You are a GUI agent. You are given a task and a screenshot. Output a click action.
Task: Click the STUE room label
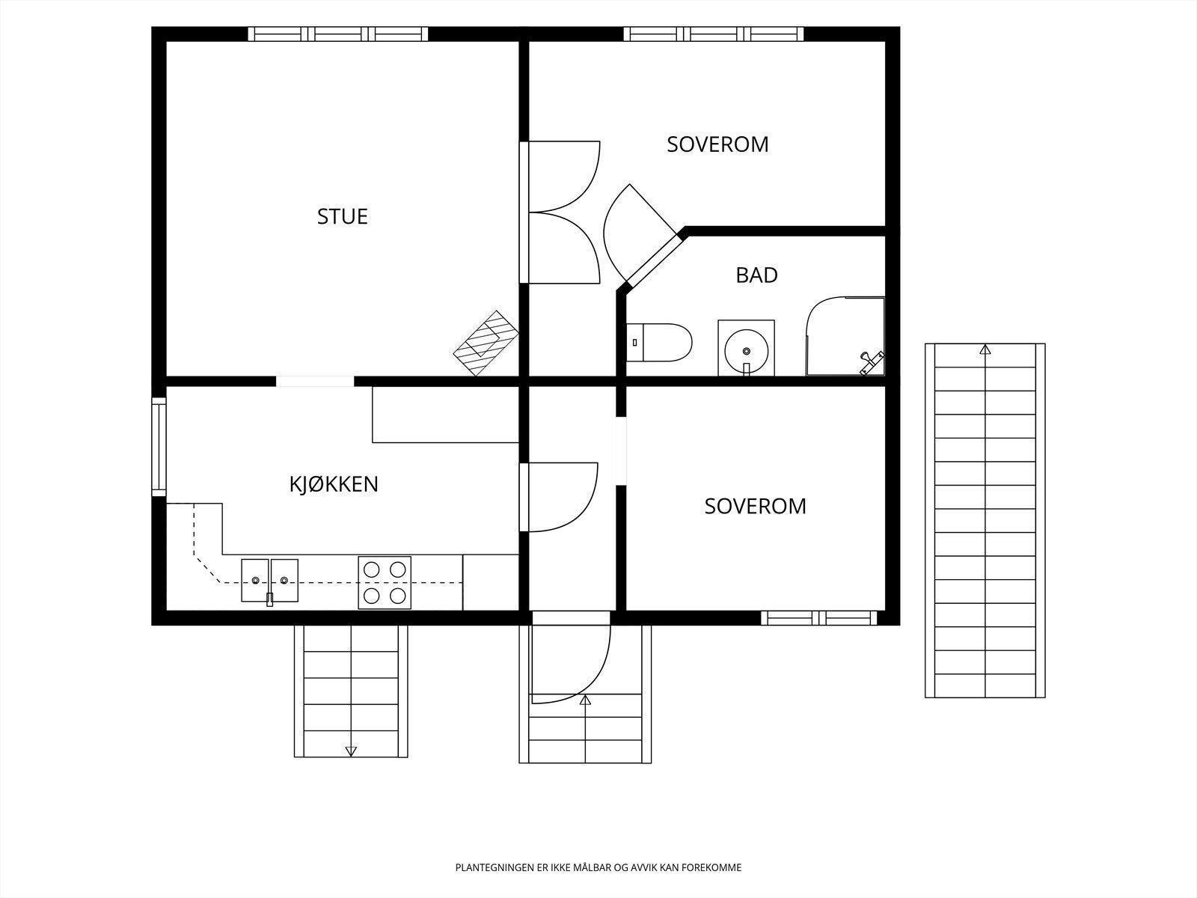[343, 216]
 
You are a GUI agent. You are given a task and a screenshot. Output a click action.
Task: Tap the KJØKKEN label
[334, 483]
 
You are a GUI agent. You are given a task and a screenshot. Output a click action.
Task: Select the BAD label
[756, 275]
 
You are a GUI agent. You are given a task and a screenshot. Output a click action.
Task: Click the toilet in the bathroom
[659, 343]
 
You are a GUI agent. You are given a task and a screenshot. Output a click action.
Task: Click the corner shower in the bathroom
[845, 336]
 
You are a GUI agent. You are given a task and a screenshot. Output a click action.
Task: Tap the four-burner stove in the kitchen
[385, 583]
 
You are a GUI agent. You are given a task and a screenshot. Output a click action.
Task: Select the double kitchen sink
[269, 581]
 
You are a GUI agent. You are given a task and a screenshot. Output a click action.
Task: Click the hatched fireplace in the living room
[486, 343]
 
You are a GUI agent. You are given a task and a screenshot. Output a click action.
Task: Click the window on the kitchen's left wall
[159, 447]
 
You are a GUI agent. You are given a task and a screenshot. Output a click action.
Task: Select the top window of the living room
[338, 34]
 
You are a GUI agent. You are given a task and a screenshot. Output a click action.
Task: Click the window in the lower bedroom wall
[818, 618]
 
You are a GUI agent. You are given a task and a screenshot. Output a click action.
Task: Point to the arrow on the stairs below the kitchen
[351, 751]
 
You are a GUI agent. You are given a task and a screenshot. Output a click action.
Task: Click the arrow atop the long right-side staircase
[985, 349]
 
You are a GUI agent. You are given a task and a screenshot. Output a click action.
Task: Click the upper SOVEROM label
[717, 144]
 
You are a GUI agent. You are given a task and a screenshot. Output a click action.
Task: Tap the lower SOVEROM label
[756, 507]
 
